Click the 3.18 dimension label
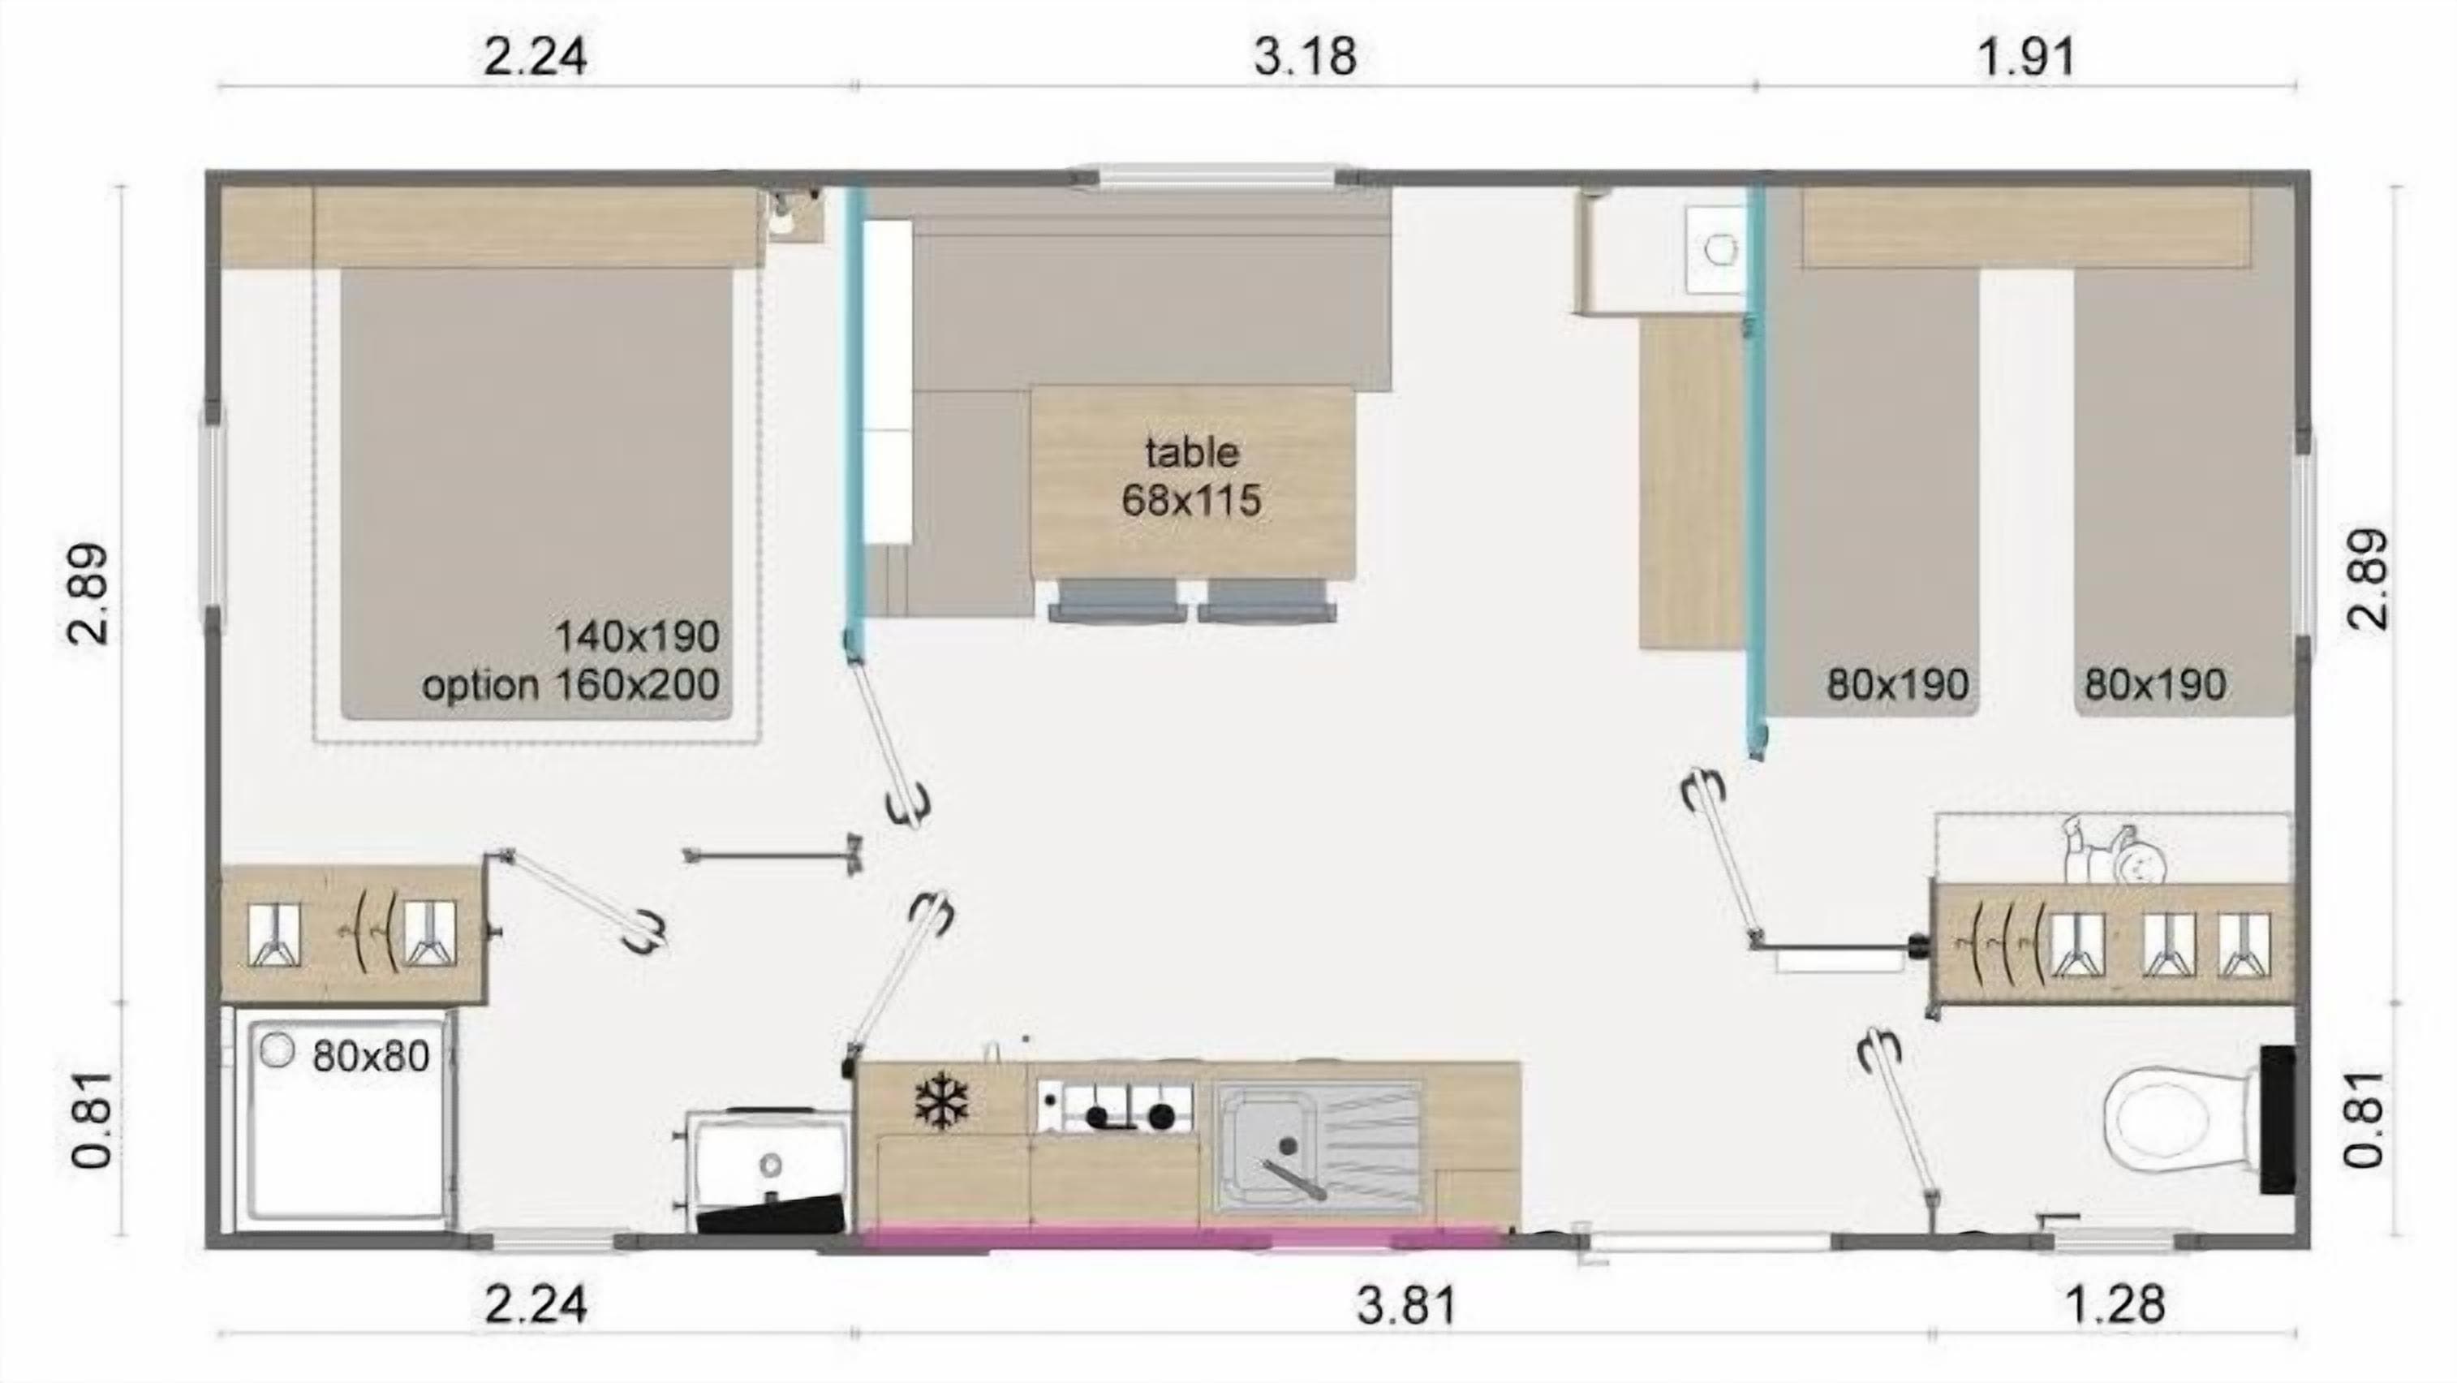(1304, 58)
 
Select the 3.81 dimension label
(1407, 1306)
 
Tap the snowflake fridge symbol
(941, 1102)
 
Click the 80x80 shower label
(370, 1057)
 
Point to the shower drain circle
(277, 1051)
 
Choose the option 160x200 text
(570, 685)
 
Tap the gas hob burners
(1114, 1106)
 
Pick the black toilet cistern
(2278, 1118)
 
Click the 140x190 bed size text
(637, 636)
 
